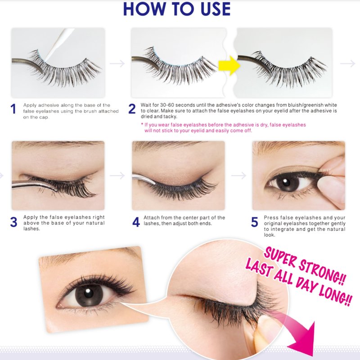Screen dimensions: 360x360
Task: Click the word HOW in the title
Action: click(x=144, y=9)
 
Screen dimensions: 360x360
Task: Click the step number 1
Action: click(x=13, y=109)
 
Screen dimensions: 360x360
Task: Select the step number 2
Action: click(x=132, y=109)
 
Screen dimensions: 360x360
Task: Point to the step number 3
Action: click(x=13, y=222)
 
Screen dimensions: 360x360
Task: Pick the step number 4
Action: click(x=136, y=222)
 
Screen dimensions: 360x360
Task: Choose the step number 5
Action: click(x=254, y=222)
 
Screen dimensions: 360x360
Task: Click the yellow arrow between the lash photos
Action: click(x=229, y=65)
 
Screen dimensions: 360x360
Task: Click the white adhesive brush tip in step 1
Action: click(x=45, y=60)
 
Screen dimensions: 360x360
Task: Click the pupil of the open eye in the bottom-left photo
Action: click(x=88, y=293)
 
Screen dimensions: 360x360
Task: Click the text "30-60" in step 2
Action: click(x=167, y=105)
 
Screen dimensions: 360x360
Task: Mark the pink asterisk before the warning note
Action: click(x=142, y=125)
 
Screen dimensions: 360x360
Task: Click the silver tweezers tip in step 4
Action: click(x=154, y=183)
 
